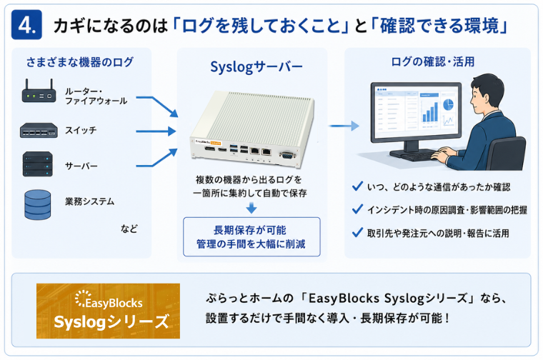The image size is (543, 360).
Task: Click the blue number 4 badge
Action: point(26,24)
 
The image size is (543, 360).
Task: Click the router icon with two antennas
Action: point(39,91)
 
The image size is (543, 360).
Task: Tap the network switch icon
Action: point(39,131)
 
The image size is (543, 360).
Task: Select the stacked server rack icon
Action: point(38,164)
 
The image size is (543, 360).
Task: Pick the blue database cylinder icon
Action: point(38,204)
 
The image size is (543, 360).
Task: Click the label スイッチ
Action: point(81,131)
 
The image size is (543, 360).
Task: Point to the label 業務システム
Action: point(90,201)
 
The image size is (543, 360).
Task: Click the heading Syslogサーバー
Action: point(256,67)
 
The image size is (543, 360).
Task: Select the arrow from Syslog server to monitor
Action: point(344,126)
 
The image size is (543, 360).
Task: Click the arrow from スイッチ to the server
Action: point(156,131)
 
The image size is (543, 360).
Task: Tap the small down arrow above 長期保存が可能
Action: point(251,208)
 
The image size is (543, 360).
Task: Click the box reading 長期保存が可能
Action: point(251,236)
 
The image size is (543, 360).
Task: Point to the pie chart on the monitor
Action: point(448,104)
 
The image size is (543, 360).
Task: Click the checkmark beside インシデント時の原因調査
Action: point(357,209)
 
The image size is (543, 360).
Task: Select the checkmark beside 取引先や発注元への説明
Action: point(357,232)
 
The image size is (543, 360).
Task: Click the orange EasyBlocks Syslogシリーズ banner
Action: point(108,311)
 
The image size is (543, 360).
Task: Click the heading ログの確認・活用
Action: point(432,62)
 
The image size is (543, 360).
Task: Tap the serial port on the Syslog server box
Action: point(287,155)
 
